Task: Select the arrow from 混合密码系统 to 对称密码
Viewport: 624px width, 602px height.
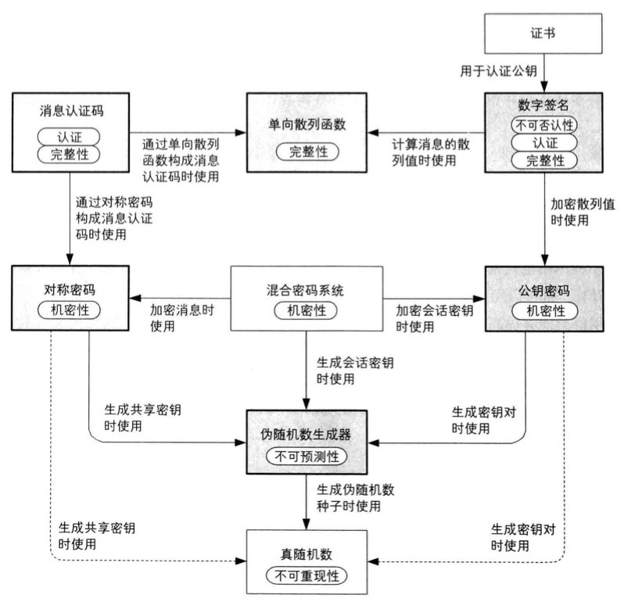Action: click(x=180, y=298)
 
